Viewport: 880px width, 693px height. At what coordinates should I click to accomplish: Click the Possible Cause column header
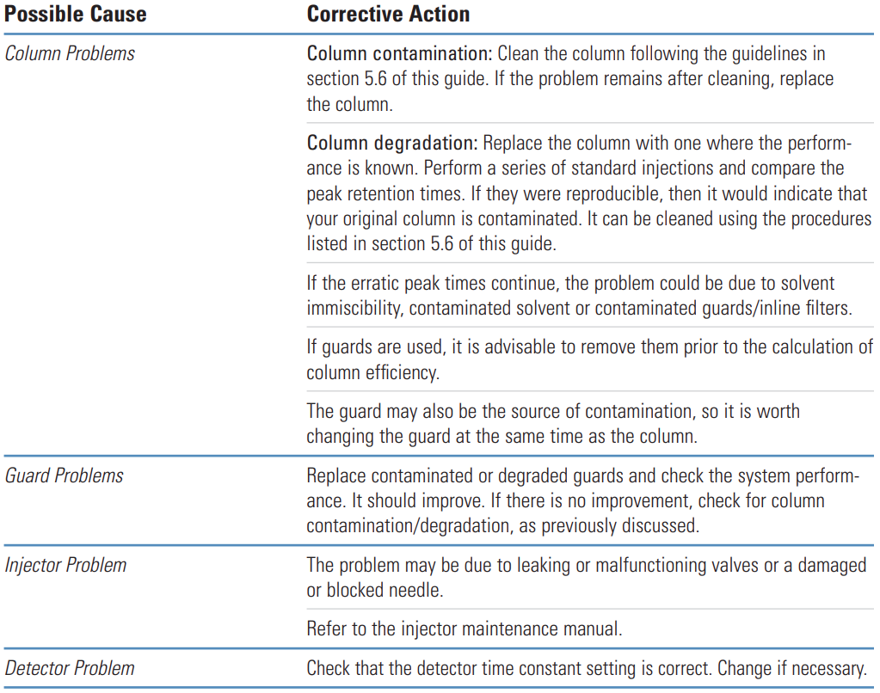click(x=76, y=14)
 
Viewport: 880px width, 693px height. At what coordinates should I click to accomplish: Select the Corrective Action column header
click(x=389, y=14)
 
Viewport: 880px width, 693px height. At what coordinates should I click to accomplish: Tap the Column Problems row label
click(x=71, y=53)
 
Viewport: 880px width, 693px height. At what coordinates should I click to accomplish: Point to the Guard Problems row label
click(x=65, y=475)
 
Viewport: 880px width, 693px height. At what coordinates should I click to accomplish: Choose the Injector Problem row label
click(x=66, y=565)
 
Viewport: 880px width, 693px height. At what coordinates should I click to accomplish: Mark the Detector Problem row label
click(x=70, y=667)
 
